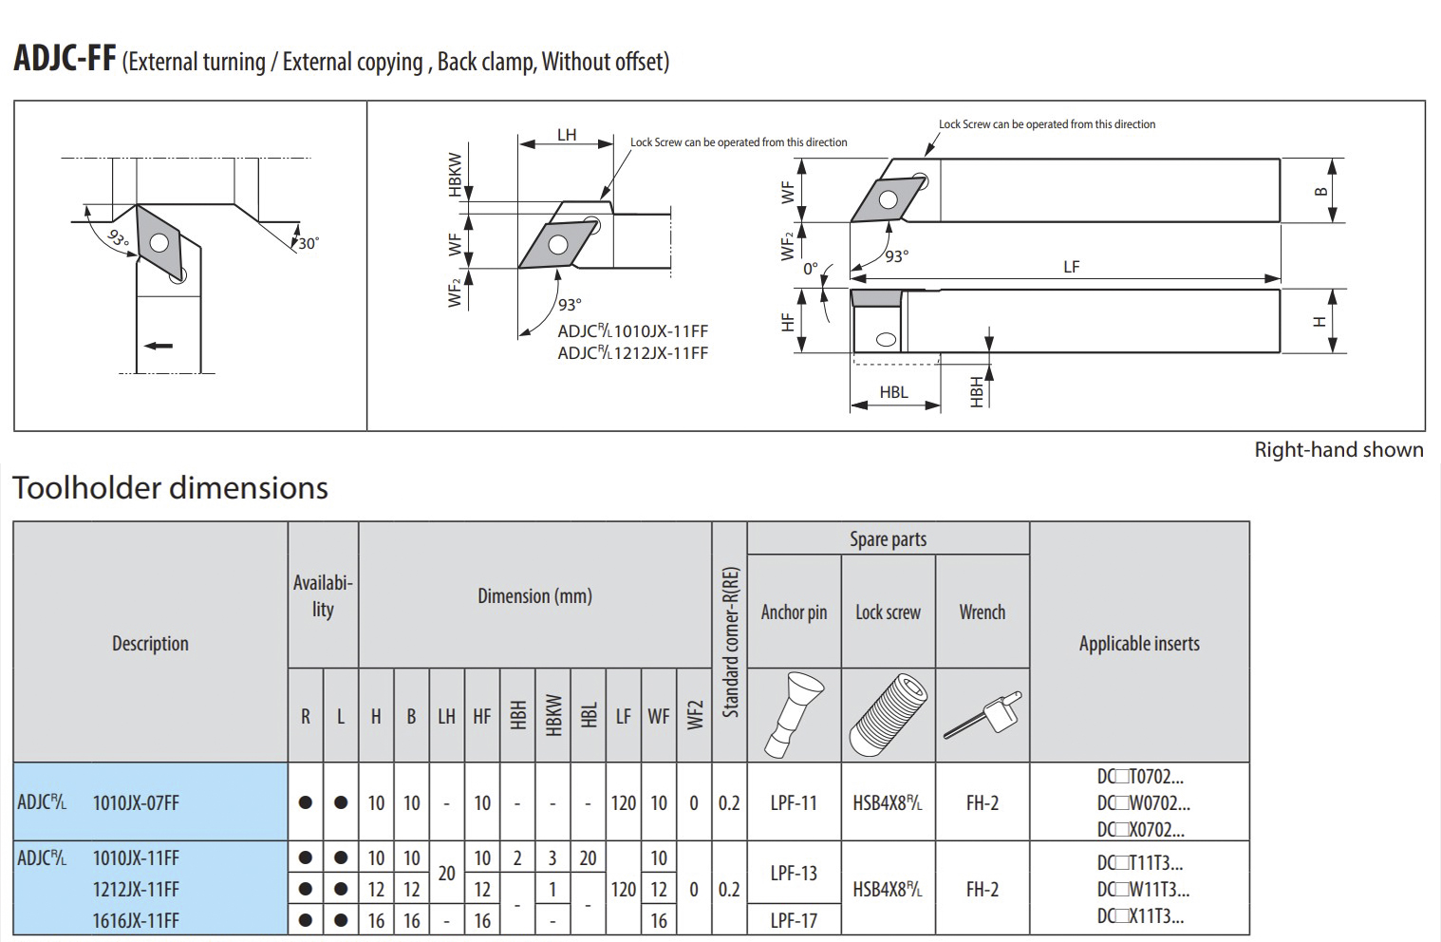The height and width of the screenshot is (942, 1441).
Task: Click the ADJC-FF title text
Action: pyautogui.click(x=65, y=59)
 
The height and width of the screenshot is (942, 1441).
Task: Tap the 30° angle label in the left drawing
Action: pyautogui.click(x=309, y=244)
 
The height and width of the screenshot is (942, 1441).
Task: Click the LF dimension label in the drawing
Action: pyautogui.click(x=1071, y=267)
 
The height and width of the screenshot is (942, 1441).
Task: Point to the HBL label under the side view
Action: pyautogui.click(x=893, y=392)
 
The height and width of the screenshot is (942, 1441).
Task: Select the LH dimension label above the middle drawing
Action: pyautogui.click(x=567, y=135)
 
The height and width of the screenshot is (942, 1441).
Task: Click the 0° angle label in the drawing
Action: pyautogui.click(x=811, y=269)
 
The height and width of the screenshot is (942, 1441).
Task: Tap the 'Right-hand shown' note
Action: pyautogui.click(x=1338, y=450)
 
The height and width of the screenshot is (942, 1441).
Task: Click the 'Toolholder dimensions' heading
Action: pyautogui.click(x=170, y=488)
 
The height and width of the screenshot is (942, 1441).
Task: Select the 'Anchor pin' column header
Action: pyautogui.click(x=794, y=612)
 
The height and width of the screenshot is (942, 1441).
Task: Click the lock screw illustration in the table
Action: pyautogui.click(x=888, y=715)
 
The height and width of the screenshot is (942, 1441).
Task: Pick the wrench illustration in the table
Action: pyautogui.click(x=982, y=715)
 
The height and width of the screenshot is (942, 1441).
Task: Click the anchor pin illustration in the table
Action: pyautogui.click(x=794, y=715)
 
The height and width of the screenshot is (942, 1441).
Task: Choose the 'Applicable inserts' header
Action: pyautogui.click(x=1139, y=644)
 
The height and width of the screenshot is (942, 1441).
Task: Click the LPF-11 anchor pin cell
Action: pyautogui.click(x=794, y=803)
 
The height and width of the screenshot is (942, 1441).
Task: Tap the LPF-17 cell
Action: pyautogui.click(x=794, y=920)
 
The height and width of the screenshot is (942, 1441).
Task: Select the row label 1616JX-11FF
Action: pyautogui.click(x=136, y=920)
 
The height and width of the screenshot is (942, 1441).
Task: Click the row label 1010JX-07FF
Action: pyautogui.click(x=136, y=803)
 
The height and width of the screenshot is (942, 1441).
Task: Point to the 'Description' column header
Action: pyautogui.click(x=150, y=644)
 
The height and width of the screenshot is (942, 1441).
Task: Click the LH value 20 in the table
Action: pyautogui.click(x=446, y=874)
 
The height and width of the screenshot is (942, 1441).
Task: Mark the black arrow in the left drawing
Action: pyautogui.click(x=159, y=346)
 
